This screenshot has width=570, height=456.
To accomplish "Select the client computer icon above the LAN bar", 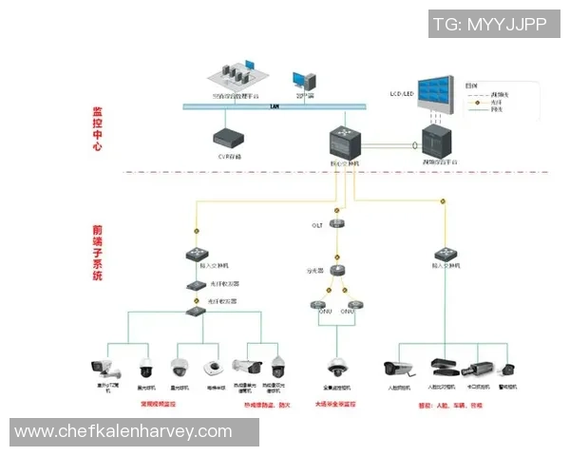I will click(302, 81).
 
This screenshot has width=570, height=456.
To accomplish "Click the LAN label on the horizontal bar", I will click(275, 105).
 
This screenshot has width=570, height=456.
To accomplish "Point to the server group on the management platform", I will click(235, 72).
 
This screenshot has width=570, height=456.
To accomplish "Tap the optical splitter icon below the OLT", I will click(336, 271).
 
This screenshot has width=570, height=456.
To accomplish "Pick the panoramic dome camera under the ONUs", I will click(336, 367).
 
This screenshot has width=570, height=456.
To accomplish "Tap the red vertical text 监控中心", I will click(97, 128).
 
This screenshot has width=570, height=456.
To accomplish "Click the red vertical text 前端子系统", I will click(97, 253).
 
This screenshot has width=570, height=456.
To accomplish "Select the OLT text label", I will click(318, 226).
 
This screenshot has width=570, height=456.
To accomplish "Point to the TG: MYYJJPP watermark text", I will click(489, 25).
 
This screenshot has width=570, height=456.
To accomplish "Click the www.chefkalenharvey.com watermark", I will click(123, 431).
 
